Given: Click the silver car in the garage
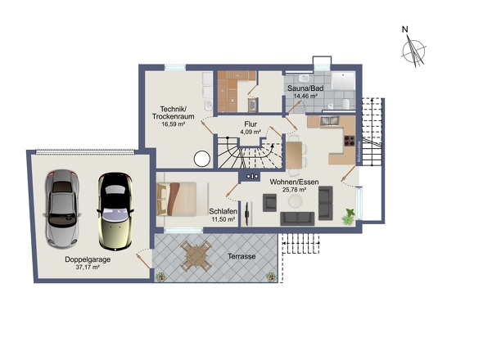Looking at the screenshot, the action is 62,209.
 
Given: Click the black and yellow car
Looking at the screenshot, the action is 115,211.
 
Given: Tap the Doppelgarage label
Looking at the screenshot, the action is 88,259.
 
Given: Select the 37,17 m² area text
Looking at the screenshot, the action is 88,268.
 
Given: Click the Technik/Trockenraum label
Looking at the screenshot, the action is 173,113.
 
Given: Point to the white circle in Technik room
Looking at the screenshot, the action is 202,159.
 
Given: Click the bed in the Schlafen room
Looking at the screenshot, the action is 182,199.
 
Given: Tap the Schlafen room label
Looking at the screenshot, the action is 223,212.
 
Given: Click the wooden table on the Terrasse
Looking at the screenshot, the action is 196,256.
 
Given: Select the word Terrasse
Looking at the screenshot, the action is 241,256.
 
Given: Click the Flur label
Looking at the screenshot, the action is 251,124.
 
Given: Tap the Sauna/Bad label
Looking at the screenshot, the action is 305,88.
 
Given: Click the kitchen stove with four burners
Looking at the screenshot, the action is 350,141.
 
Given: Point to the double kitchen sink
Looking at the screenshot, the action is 329,121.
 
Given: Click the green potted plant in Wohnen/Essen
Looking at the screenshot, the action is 349,217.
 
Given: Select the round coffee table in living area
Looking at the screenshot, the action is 295,201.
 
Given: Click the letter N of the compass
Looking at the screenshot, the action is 405,29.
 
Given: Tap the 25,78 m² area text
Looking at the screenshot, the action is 294,190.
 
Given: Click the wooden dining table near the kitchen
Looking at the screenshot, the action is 294,155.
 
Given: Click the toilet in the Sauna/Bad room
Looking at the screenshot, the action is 345,104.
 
